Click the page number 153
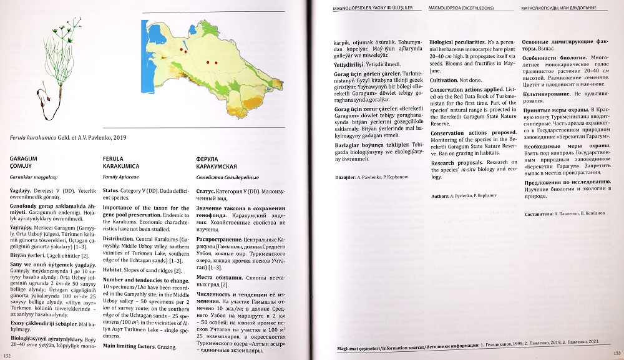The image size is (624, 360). tap(616, 354)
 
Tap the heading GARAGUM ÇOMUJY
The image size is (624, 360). tap(24, 163)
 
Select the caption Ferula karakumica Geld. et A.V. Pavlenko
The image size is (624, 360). tap(69, 137)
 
